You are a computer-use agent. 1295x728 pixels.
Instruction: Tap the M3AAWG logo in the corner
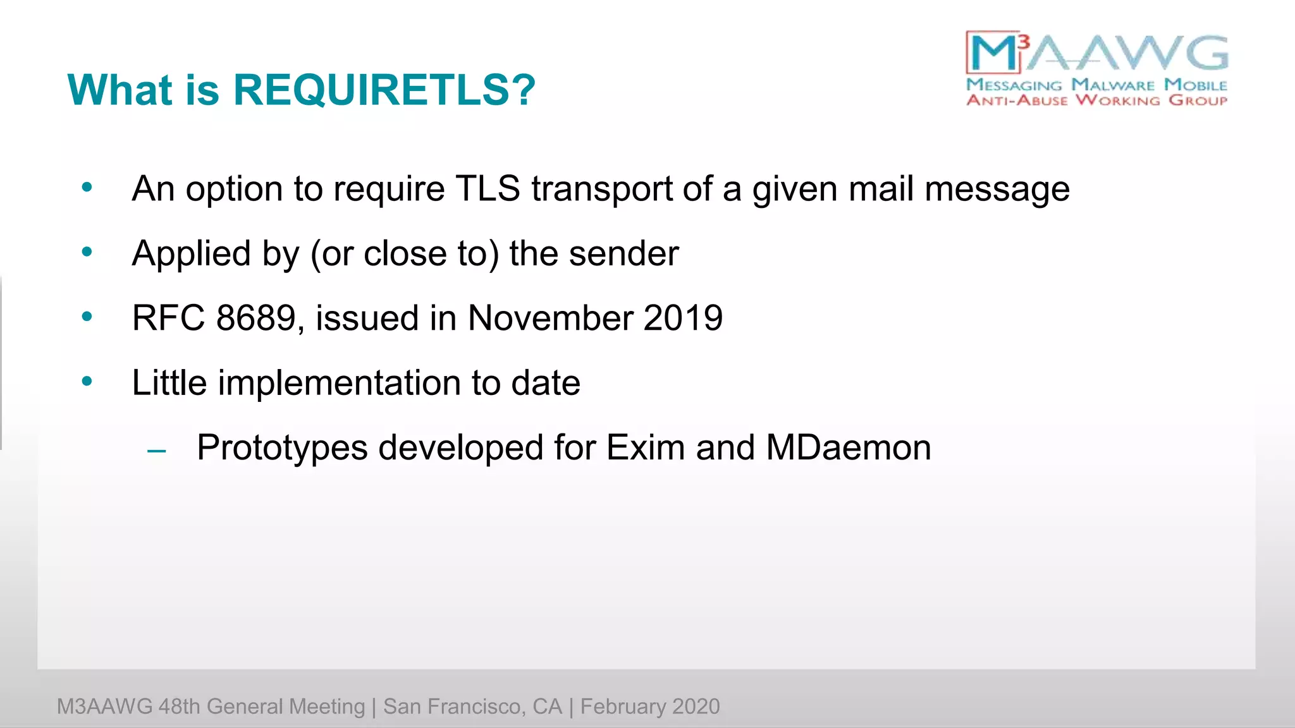[1096, 68]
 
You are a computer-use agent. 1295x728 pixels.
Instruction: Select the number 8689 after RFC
[255, 318]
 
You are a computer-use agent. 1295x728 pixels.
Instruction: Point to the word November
[549, 318]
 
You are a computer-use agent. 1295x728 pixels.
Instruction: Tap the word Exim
[645, 447]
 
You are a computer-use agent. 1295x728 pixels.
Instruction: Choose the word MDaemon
[848, 447]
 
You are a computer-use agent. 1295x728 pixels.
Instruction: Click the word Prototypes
[282, 447]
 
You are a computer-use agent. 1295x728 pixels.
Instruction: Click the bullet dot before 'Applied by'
[87, 252]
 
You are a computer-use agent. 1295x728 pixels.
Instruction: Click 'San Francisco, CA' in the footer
[472, 707]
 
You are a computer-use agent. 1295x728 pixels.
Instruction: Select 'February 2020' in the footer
[649, 707]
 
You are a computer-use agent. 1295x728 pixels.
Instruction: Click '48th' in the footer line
[179, 707]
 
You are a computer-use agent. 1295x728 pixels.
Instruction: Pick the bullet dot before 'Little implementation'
[87, 382]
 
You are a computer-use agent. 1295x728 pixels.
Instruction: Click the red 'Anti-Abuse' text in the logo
[1017, 100]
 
